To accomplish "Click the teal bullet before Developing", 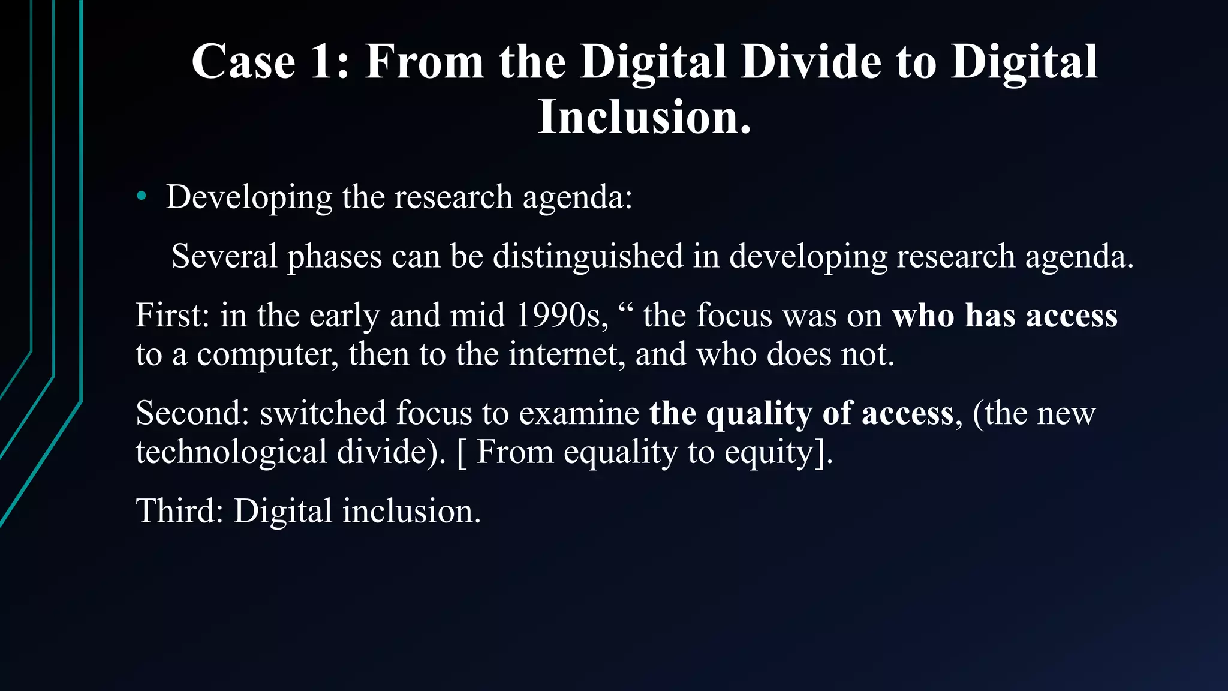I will [142, 196].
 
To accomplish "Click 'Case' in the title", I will [243, 62].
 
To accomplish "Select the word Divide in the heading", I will [811, 62].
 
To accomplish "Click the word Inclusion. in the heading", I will [645, 117].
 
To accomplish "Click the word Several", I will [224, 256].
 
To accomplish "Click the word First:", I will [173, 315].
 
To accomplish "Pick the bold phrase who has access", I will [1005, 315].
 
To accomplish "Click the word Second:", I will [192, 413].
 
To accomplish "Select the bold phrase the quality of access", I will [802, 413].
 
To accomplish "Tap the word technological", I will [231, 452].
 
